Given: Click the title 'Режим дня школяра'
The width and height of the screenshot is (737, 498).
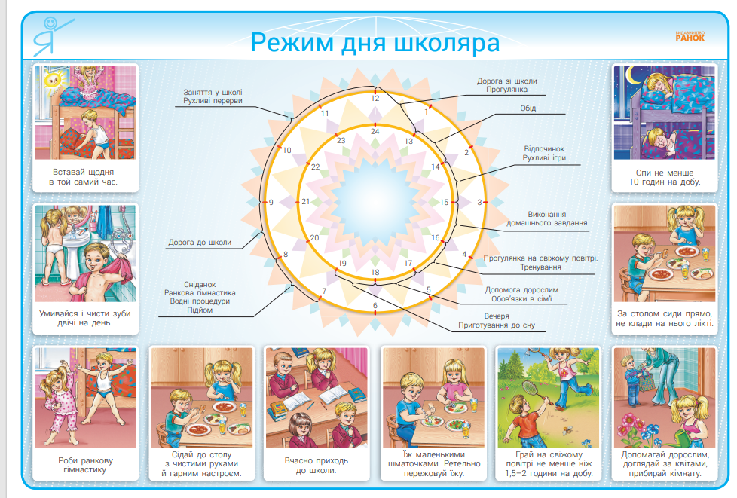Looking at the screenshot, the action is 375,41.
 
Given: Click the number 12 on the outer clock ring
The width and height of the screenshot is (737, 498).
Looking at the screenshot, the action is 375,98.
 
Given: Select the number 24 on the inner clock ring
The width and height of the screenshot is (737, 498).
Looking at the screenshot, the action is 375,131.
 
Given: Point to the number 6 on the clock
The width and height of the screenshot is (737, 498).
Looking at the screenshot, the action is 375,305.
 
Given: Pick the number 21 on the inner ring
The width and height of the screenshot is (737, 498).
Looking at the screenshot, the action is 306,202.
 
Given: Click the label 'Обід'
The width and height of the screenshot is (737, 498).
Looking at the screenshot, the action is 528,108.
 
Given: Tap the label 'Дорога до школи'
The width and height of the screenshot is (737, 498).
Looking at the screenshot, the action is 200,243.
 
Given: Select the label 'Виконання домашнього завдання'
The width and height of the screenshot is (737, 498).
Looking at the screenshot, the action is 548,218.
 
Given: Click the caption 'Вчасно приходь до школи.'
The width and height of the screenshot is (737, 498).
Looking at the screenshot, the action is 316,465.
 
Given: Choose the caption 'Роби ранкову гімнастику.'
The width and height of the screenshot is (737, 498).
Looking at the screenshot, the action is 84,465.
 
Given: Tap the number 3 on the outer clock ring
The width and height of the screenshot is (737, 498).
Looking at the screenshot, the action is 479,202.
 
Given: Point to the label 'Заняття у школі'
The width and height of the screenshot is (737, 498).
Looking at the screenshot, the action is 213,93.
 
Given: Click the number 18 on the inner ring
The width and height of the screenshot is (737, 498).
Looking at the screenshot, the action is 375,271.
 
